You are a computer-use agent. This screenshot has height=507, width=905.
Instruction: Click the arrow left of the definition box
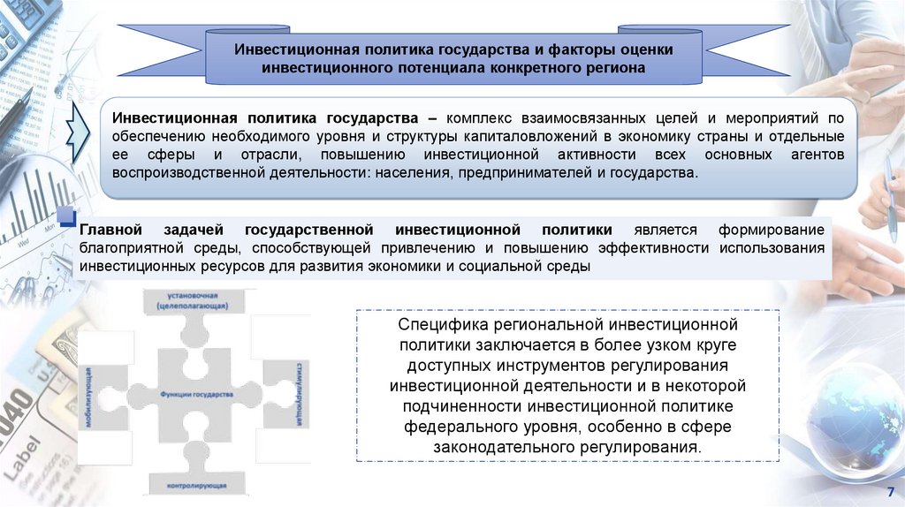(80, 132)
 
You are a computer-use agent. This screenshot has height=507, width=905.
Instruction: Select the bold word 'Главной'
(112, 229)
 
